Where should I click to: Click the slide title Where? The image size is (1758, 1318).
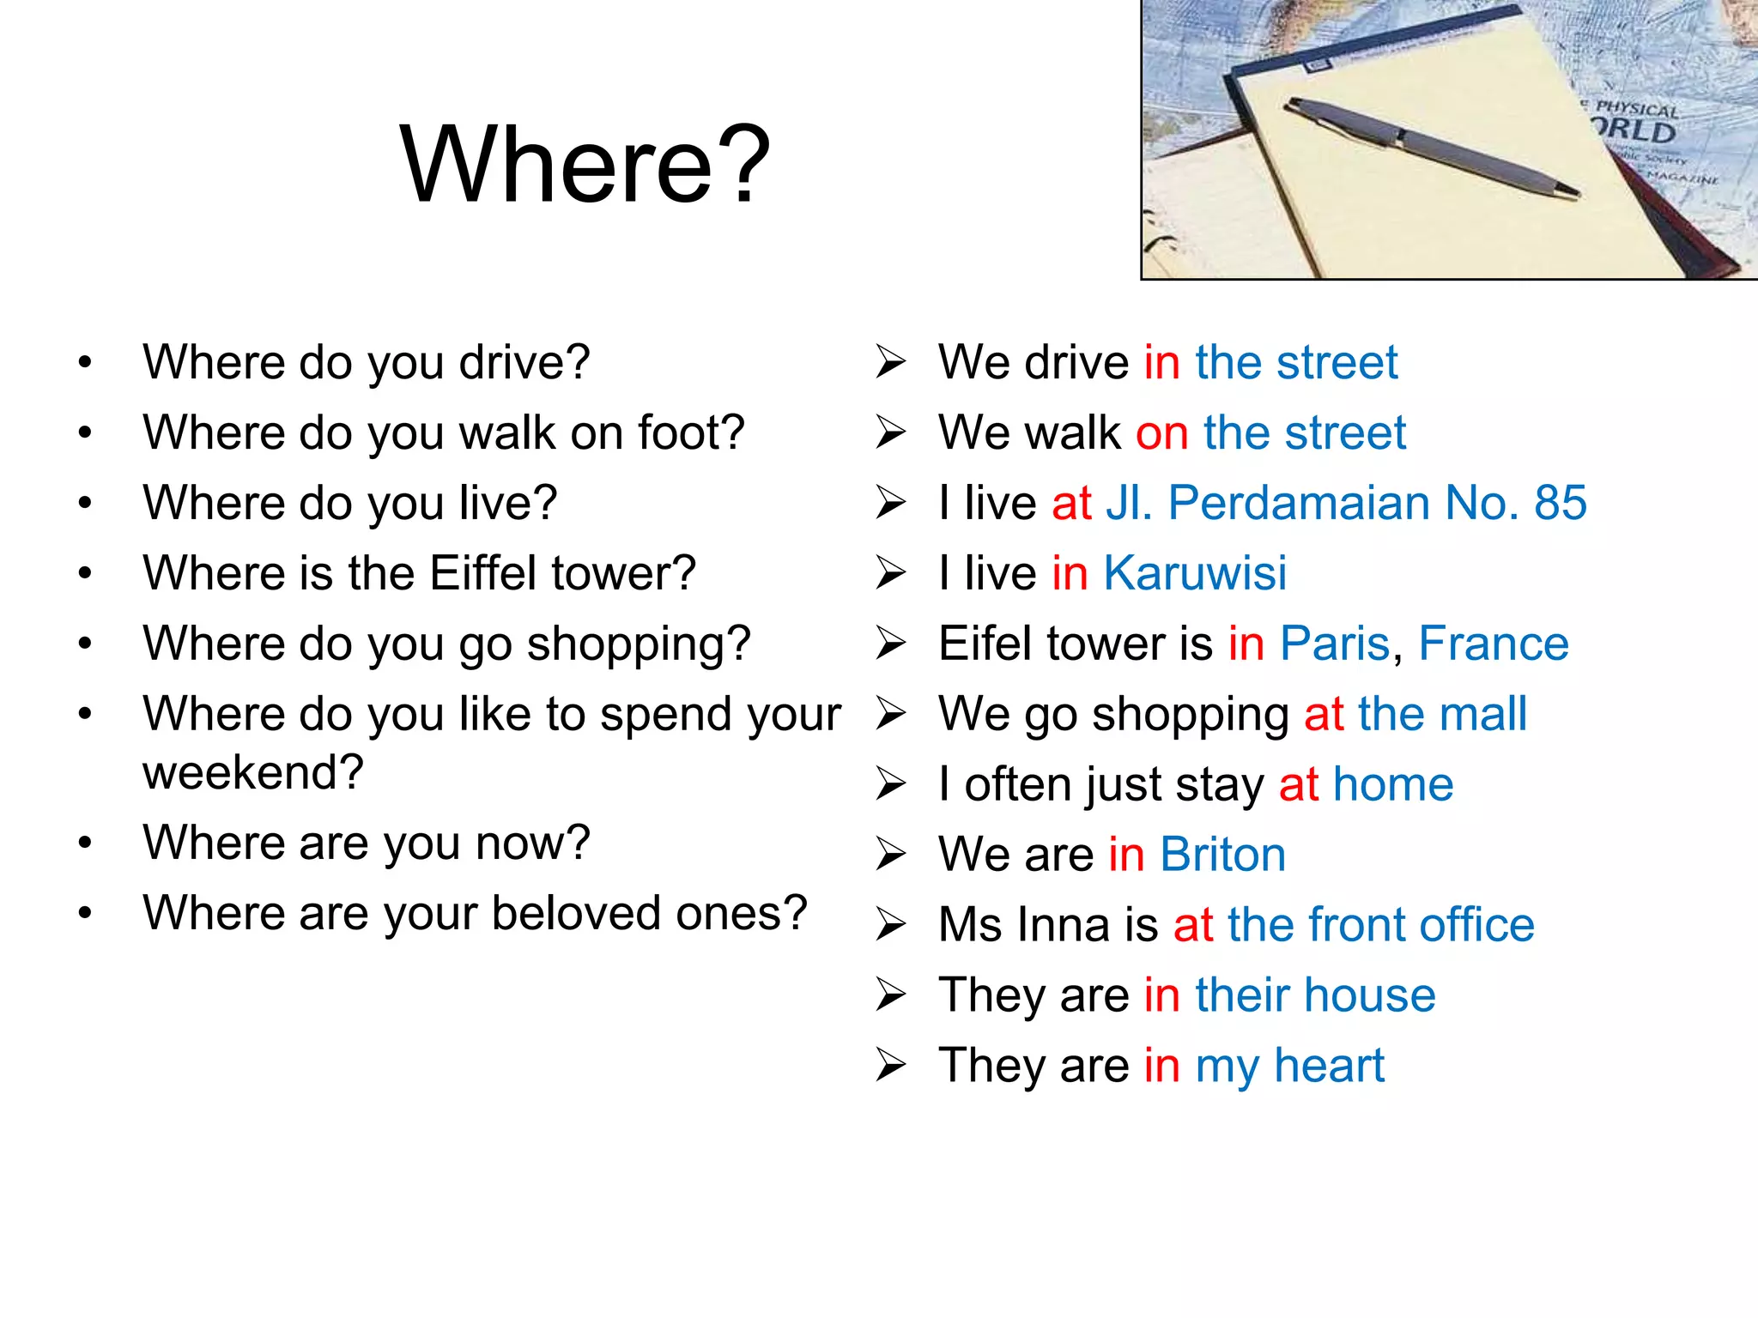[x=585, y=165]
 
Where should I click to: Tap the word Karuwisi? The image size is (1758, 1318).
[x=1195, y=573]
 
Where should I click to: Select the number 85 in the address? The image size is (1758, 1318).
[x=1560, y=503]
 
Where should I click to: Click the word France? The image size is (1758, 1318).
[x=1494, y=644]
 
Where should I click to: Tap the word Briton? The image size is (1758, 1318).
[x=1222, y=855]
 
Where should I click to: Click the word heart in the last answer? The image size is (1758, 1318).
[x=1329, y=1066]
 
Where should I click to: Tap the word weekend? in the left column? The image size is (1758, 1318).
[x=253, y=772]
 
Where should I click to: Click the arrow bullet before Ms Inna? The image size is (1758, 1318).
[x=891, y=925]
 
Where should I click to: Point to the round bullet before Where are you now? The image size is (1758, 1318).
[x=84, y=843]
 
